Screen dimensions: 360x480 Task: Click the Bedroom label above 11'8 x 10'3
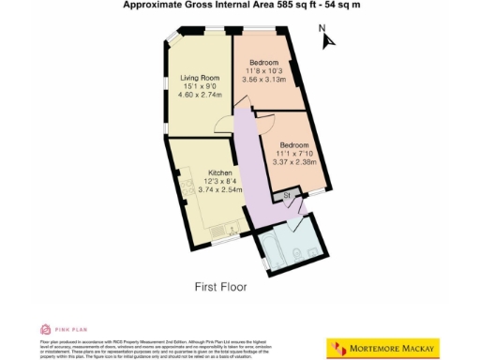tap(262, 62)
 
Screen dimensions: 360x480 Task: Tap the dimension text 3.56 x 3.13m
tap(262, 81)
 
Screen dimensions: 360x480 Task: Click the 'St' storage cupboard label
tap(288, 196)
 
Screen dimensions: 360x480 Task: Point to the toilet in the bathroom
tap(297, 254)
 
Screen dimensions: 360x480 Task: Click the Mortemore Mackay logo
tap(382, 348)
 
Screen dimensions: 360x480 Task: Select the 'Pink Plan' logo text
tap(66, 330)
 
